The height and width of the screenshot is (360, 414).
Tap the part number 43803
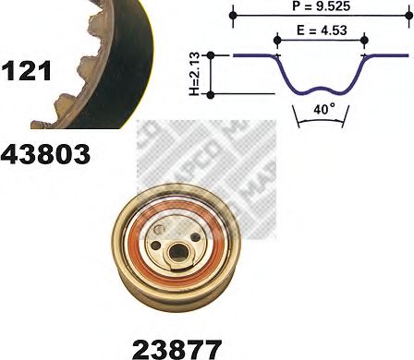(46, 154)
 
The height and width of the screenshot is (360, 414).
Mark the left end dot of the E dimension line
(277, 39)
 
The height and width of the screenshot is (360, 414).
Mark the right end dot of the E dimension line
(365, 39)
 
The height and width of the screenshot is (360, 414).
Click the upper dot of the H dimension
(213, 55)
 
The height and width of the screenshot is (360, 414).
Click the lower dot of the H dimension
(213, 94)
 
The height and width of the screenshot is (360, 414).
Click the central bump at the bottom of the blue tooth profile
(322, 90)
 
